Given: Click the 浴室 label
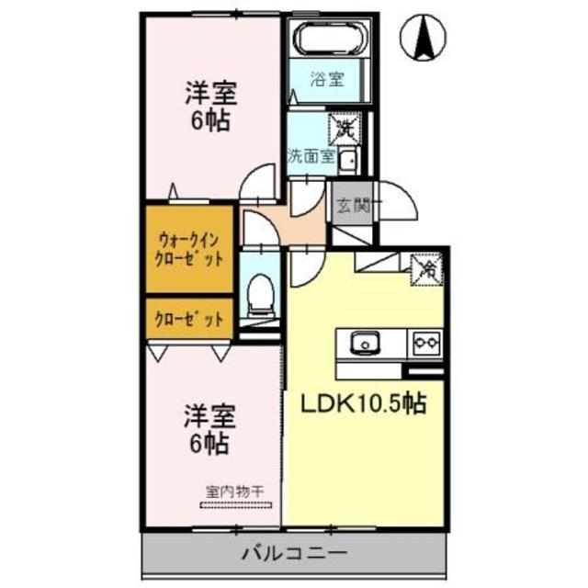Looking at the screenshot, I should (x=328, y=79).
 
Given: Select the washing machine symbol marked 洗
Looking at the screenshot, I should (x=344, y=125).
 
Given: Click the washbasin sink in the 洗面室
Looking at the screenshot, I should (x=348, y=161).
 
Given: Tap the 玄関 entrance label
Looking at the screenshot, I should (x=351, y=206).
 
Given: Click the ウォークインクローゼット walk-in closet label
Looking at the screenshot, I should (x=187, y=248).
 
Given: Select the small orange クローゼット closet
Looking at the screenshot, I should (x=187, y=319).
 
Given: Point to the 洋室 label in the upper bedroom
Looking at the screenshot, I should (x=210, y=94).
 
